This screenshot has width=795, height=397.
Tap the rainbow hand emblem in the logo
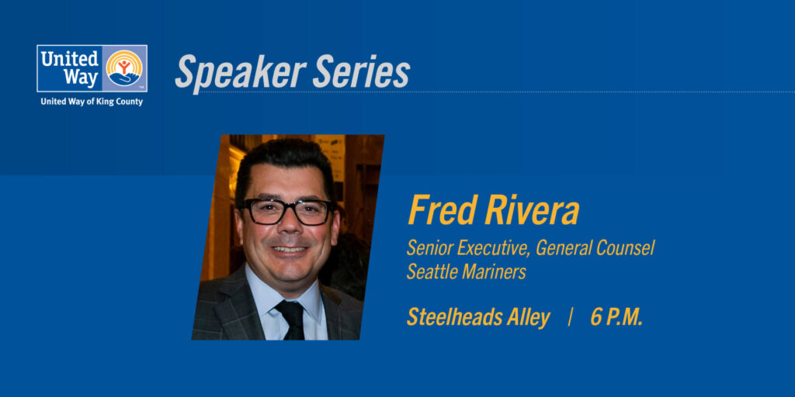tap(123, 67)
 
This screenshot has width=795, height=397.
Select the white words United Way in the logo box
tap(70, 68)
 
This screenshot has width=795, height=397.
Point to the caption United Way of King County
tap(92, 102)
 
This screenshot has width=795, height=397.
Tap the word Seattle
tap(432, 271)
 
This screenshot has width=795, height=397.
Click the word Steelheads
tap(457, 317)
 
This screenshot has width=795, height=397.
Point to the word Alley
tap(529, 317)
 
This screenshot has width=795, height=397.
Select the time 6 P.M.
tap(616, 317)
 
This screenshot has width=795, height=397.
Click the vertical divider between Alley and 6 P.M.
tap(571, 317)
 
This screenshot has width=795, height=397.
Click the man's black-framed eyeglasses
tap(287, 211)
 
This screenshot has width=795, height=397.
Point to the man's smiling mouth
tap(290, 250)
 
